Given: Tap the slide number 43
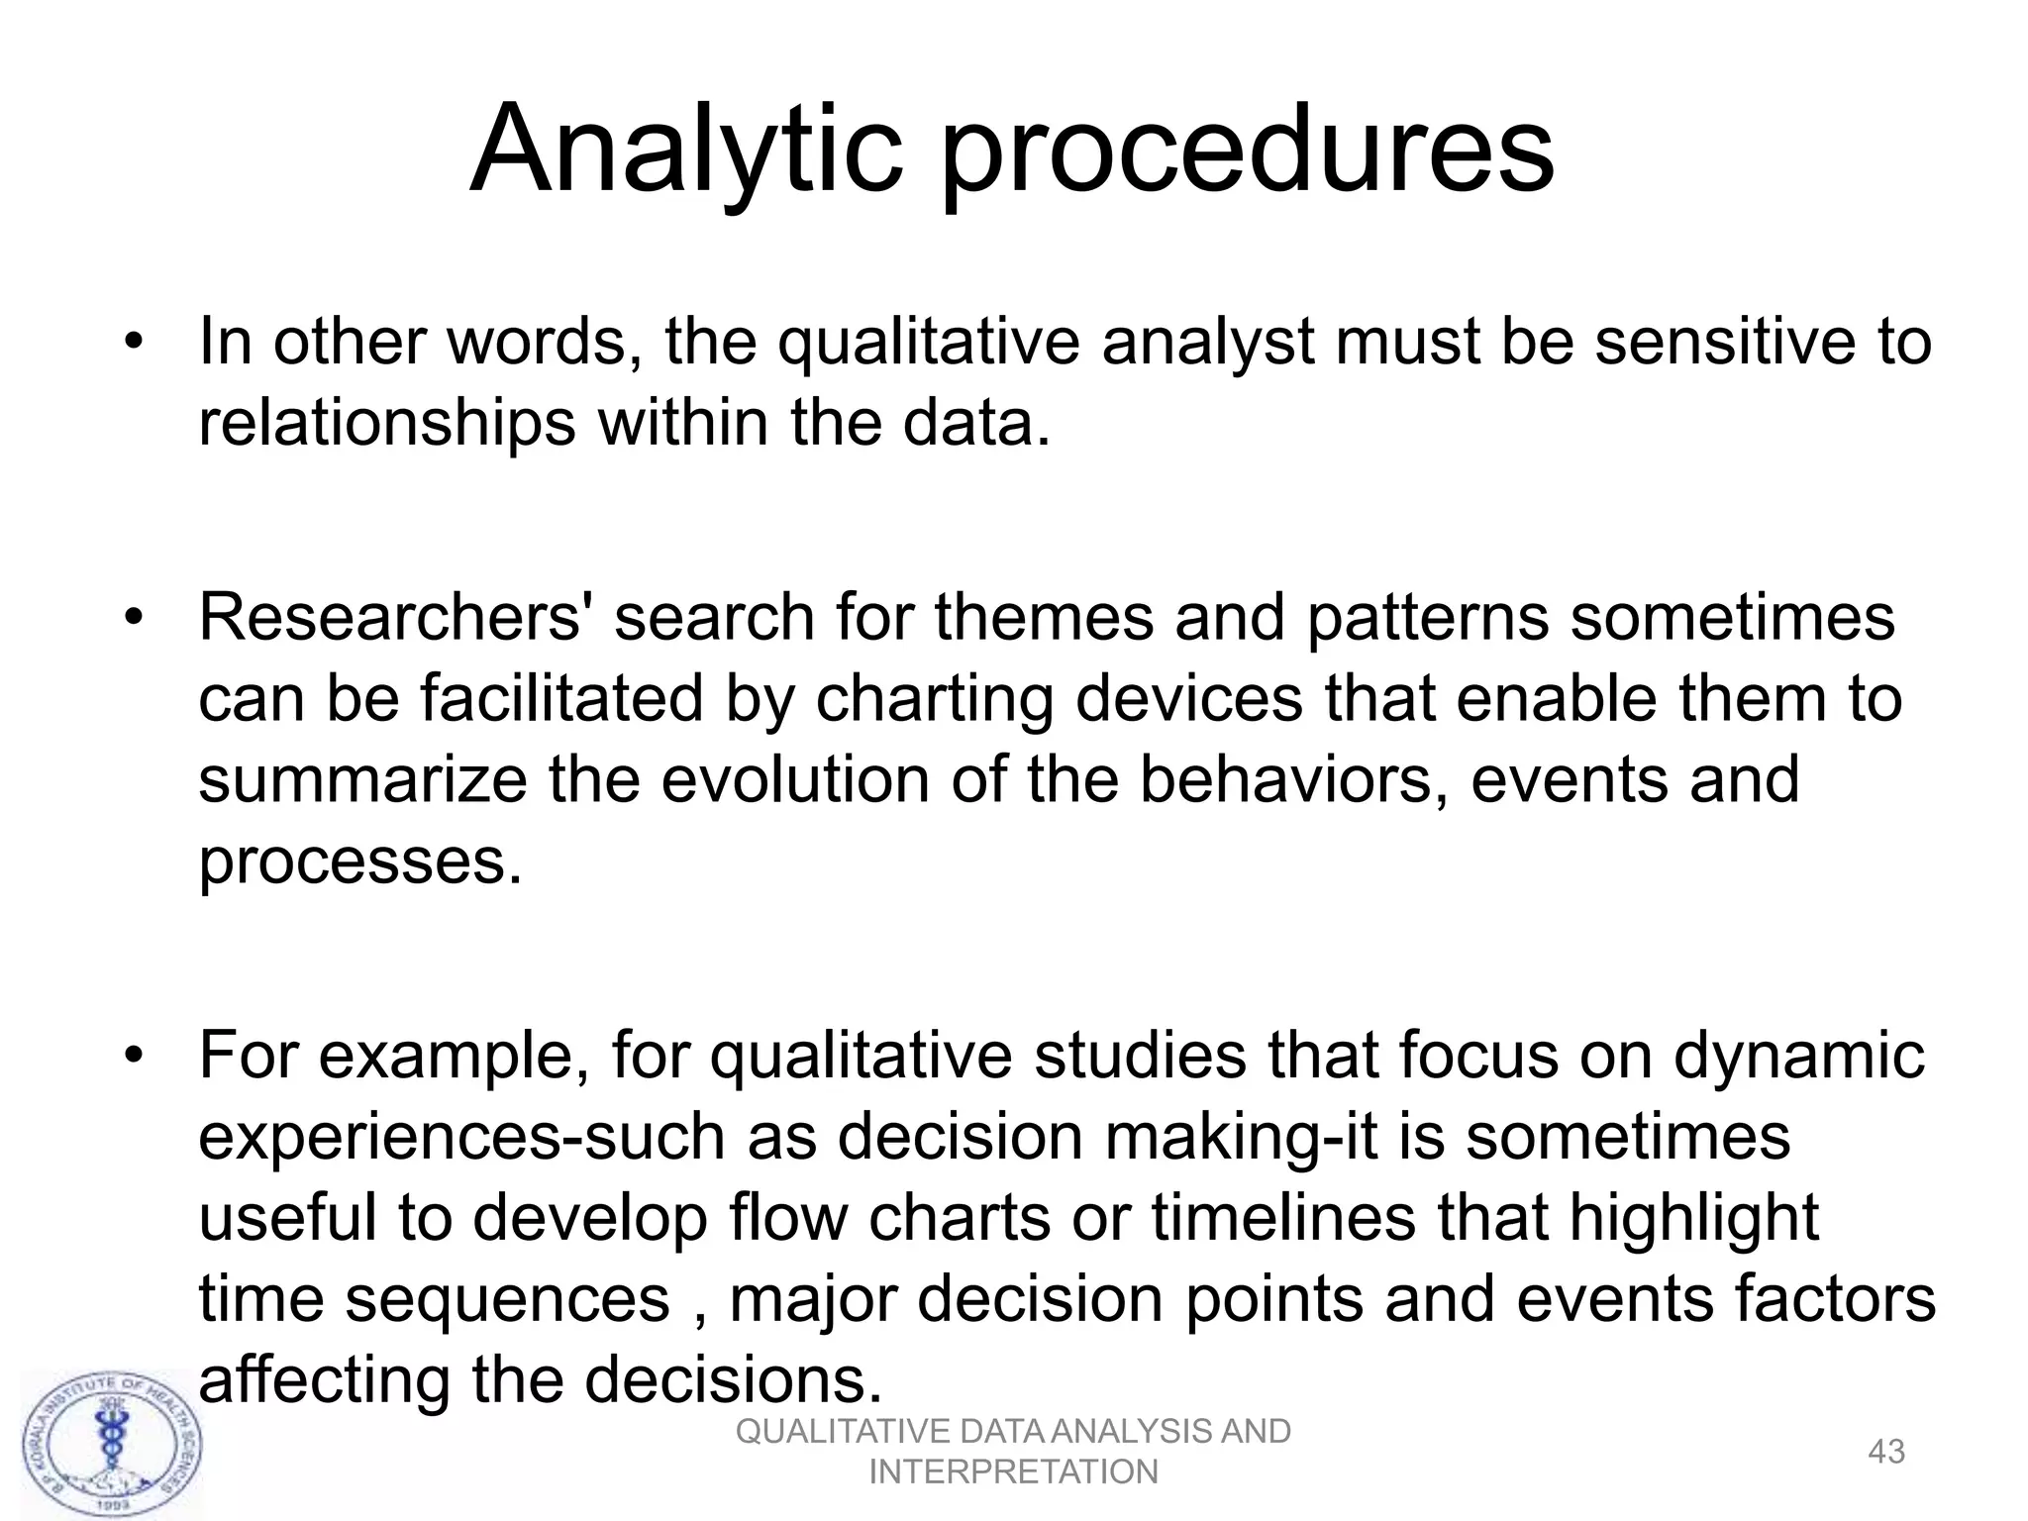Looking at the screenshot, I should [1885, 1452].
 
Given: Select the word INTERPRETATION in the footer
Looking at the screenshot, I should [1013, 1472].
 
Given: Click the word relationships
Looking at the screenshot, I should [386, 424].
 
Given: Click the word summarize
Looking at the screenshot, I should [362, 780].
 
